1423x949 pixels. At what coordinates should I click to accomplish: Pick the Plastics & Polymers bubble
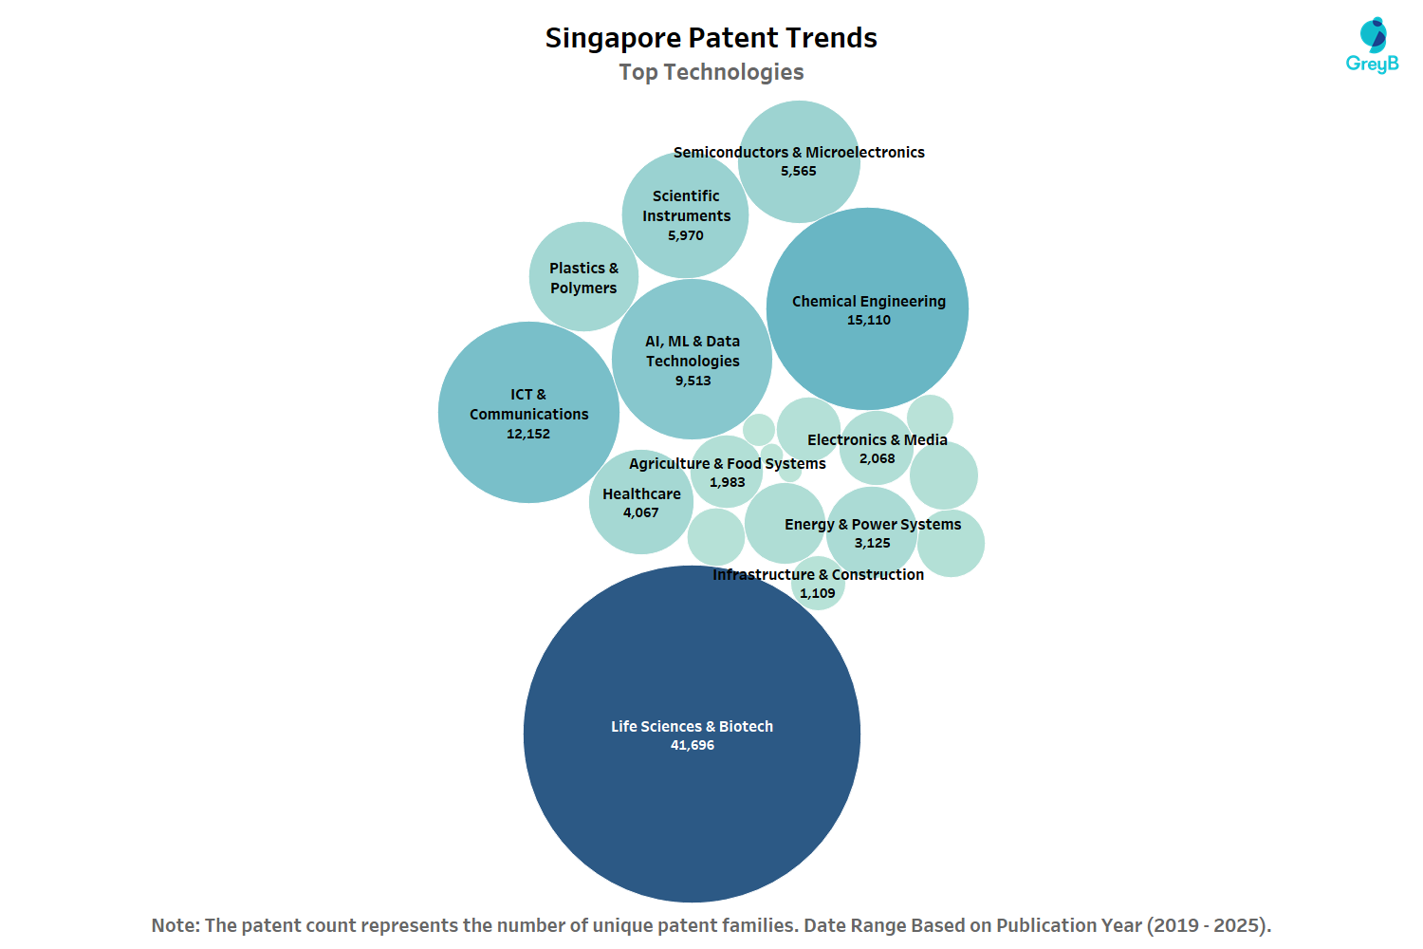(x=583, y=277)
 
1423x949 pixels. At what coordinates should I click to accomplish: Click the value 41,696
(x=693, y=746)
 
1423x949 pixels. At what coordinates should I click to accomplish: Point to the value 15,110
(x=869, y=321)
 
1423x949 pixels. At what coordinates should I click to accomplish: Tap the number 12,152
(x=528, y=435)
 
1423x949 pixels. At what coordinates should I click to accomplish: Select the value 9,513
(x=693, y=381)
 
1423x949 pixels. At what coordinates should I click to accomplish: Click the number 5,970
(x=686, y=236)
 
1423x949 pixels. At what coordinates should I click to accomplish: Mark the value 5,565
(x=799, y=172)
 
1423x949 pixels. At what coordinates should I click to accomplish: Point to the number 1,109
(x=818, y=594)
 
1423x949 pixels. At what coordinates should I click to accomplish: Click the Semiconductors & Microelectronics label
(x=799, y=152)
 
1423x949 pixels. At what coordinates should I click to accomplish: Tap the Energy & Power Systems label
(x=873, y=525)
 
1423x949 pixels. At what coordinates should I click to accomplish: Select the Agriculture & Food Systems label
(x=728, y=464)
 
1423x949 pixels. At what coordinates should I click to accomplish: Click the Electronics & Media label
(x=878, y=440)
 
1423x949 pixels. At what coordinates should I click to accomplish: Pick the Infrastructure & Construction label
(x=818, y=575)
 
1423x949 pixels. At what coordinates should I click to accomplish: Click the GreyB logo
(x=1372, y=46)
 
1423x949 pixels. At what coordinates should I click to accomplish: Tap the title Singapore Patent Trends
(x=711, y=38)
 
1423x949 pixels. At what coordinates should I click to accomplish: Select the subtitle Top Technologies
(x=711, y=72)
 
